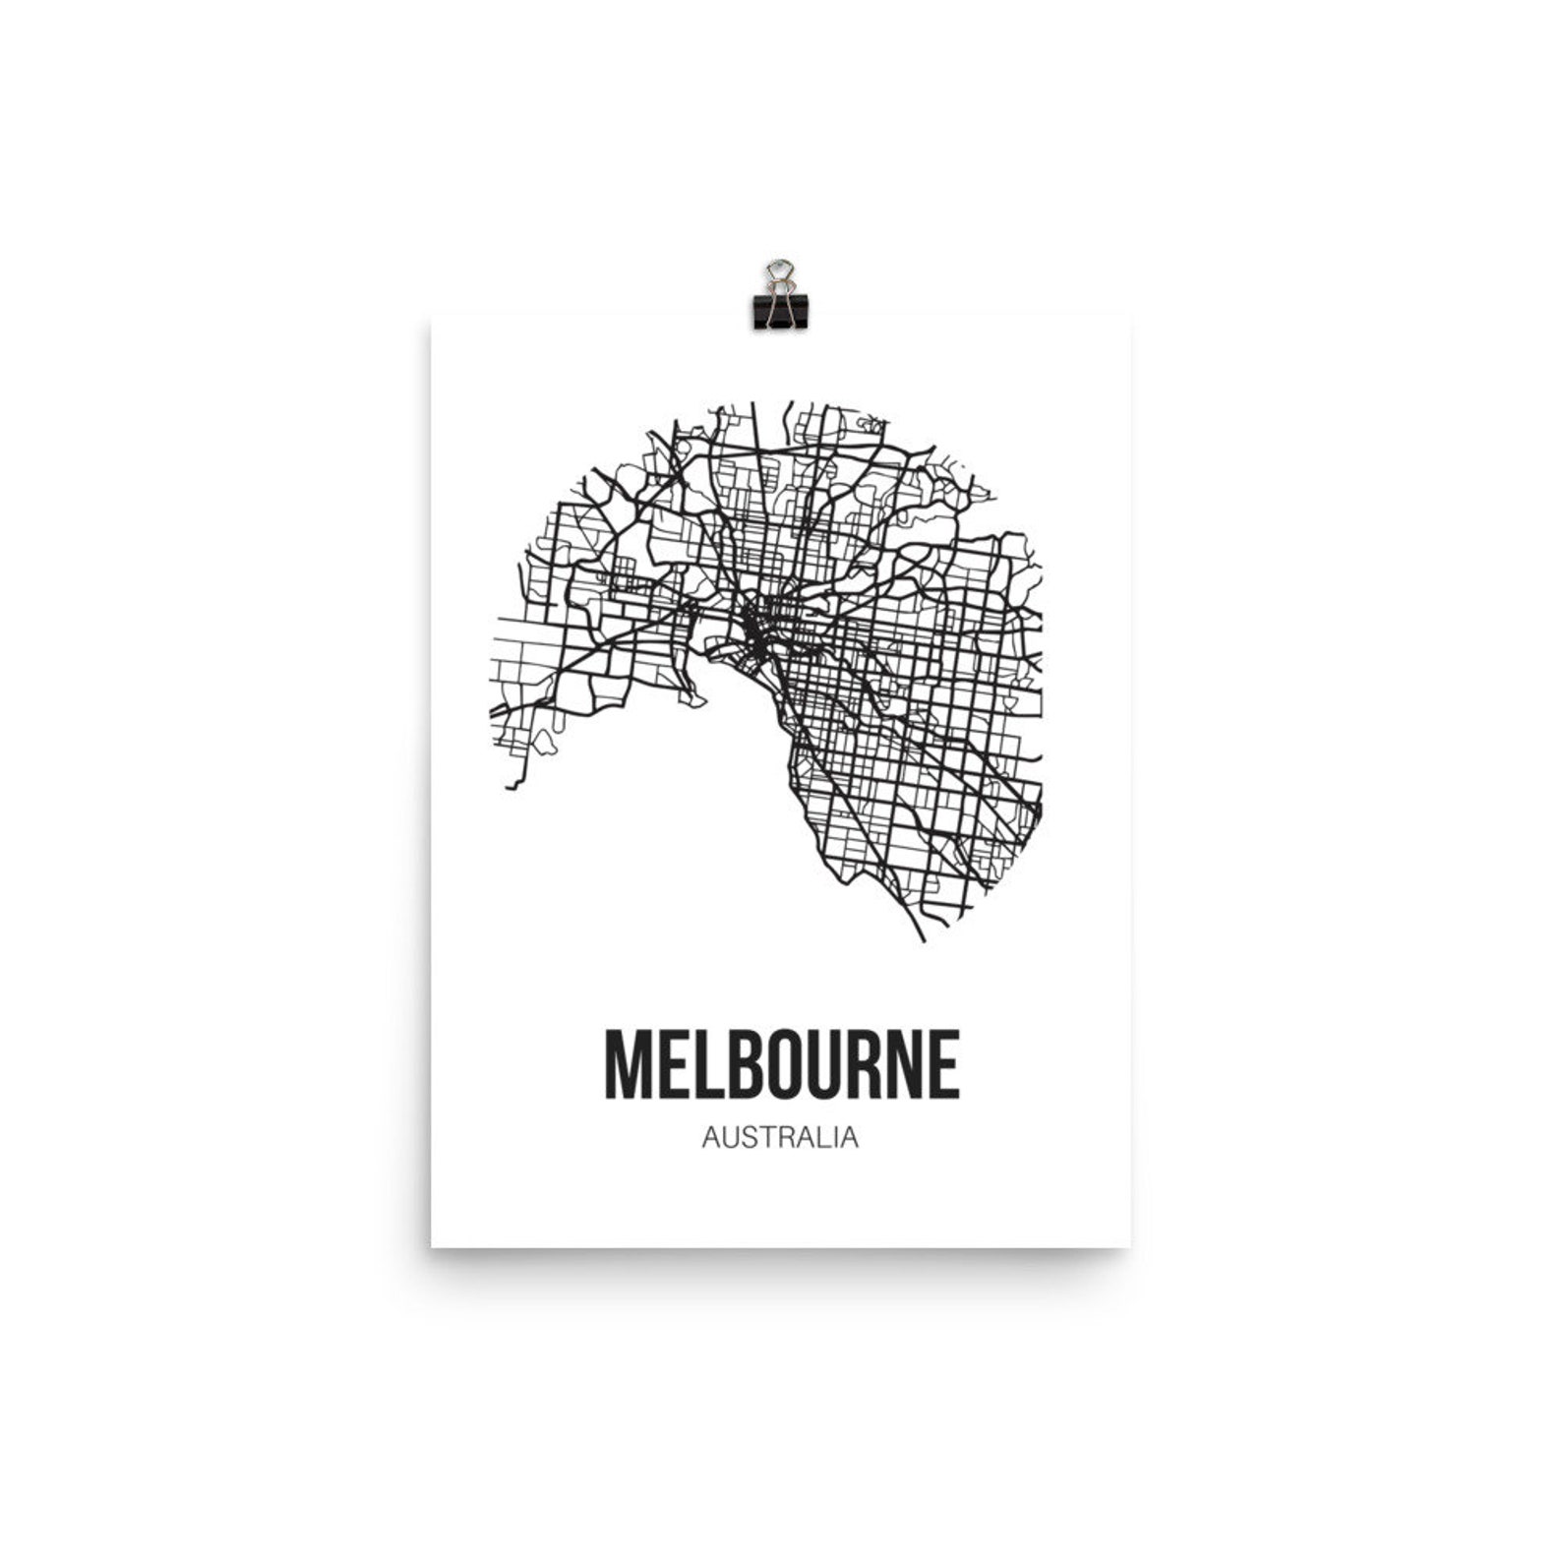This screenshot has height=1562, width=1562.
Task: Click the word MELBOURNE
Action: pyautogui.click(x=781, y=1065)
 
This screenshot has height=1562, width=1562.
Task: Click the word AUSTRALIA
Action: pyautogui.click(x=780, y=1138)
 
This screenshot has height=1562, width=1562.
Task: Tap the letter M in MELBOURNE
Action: pyautogui.click(x=627, y=1065)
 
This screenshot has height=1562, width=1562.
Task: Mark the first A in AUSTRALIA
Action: pyautogui.click(x=711, y=1138)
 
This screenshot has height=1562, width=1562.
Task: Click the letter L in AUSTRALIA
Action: pyautogui.click(x=824, y=1138)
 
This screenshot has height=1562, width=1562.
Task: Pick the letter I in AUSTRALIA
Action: pyautogui.click(x=836, y=1138)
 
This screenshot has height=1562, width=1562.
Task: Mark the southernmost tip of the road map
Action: pyautogui.click(x=923, y=939)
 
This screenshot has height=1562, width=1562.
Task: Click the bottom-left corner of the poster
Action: pyautogui.click(x=432, y=1246)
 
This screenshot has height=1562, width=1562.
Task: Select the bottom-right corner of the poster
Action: pyautogui.click(x=1129, y=1246)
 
